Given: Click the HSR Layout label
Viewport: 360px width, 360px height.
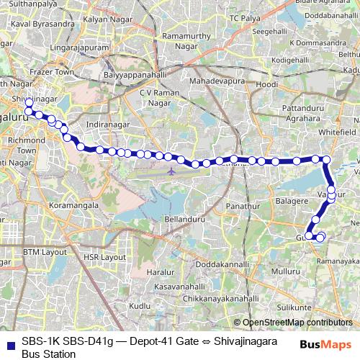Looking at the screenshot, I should point(105,256).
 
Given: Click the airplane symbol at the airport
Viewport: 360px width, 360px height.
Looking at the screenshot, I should point(171,173).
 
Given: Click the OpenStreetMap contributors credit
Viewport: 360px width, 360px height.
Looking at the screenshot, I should point(297,322).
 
